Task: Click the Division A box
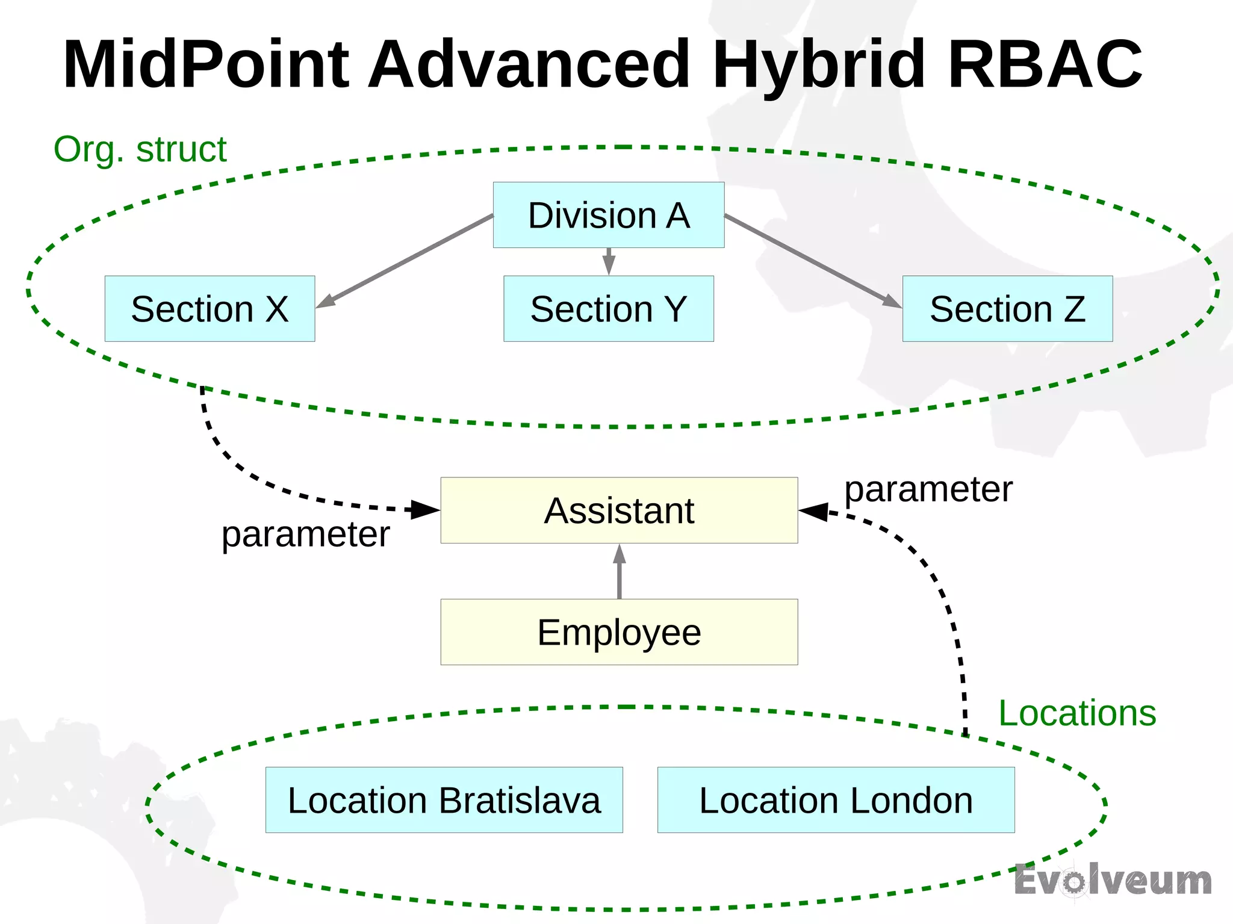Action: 608,215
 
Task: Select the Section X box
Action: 210,309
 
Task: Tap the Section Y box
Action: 608,309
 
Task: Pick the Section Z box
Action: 1007,309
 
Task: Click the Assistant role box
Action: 619,510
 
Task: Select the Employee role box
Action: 619,632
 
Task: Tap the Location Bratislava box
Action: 444,800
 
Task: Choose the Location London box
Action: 836,800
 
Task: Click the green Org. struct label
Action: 140,149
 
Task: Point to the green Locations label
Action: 1077,713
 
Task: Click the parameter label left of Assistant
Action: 306,534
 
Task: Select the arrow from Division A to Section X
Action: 405,261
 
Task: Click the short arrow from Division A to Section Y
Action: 609,261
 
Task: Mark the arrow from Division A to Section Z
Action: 813,261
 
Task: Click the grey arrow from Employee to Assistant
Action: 619,572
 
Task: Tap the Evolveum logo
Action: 1113,881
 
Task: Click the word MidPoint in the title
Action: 206,64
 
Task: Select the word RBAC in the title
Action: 1045,64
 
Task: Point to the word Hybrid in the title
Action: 819,64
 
